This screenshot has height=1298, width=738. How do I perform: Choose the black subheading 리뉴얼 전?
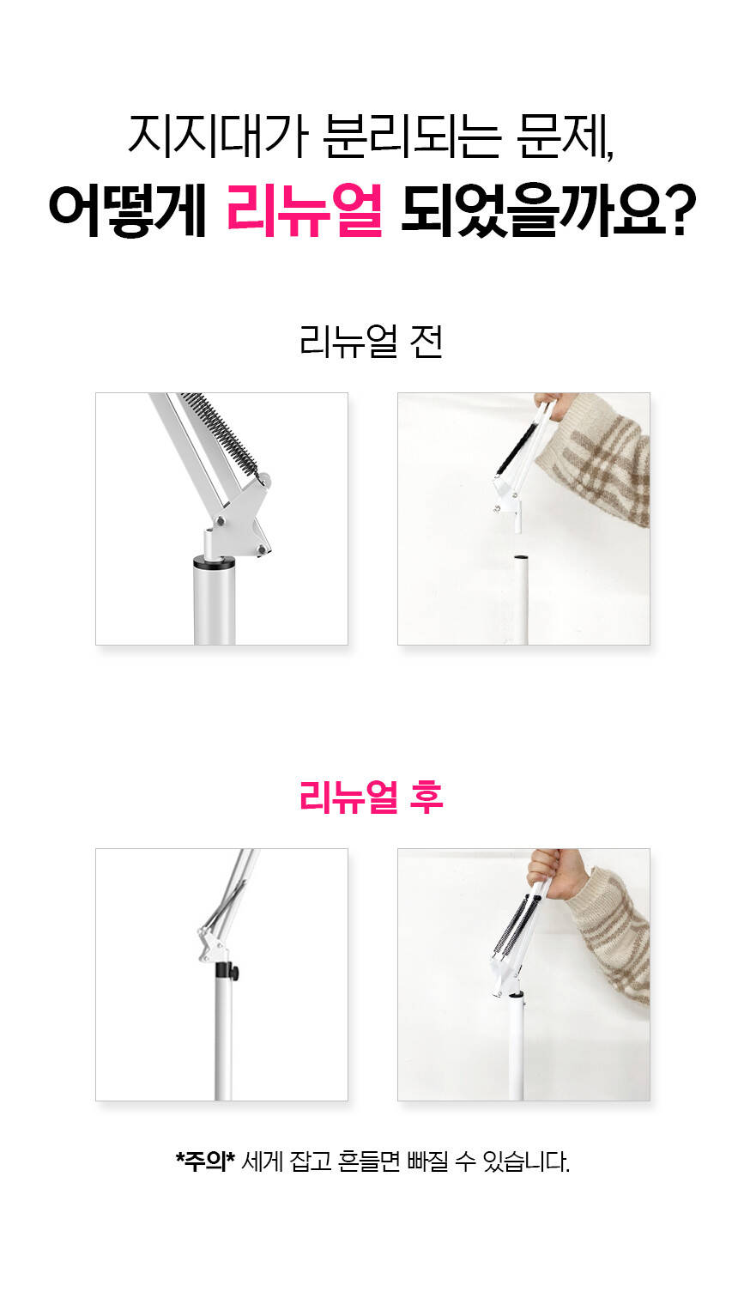pyautogui.click(x=371, y=342)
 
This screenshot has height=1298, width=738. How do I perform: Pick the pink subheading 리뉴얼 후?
pyautogui.click(x=371, y=797)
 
